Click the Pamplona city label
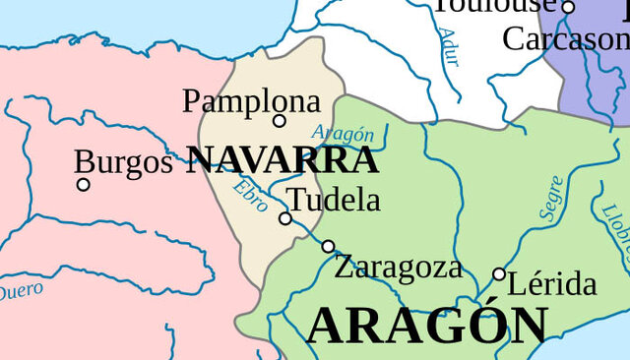coord(252,101)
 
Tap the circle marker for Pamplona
coord(280,121)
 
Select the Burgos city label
coord(123,162)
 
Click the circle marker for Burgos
coord(84,184)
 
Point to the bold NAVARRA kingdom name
coord(283,160)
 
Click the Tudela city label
coord(335,200)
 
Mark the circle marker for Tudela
coord(285,218)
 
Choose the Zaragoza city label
coord(398,267)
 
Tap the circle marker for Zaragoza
coord(328,247)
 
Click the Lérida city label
coord(551,284)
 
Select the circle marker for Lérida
coord(499,274)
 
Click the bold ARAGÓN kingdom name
coord(427,326)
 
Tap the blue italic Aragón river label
coord(343,133)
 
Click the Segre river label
coord(551,198)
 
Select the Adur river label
coord(449,46)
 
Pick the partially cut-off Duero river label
coord(20,291)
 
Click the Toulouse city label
coord(495,5)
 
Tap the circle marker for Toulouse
coord(568,8)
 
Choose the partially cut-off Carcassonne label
coord(565,39)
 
